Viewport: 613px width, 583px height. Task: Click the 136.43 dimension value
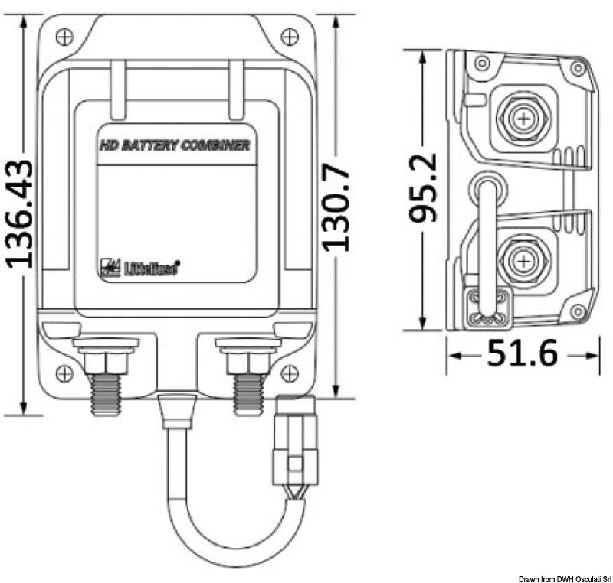[20, 213]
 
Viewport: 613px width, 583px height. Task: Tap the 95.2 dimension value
[422, 187]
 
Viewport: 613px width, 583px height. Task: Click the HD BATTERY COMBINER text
[176, 145]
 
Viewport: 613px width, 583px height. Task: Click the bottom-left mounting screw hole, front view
[65, 373]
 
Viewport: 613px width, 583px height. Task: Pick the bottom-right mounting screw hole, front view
[289, 373]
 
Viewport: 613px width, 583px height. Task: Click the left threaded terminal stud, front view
[105, 390]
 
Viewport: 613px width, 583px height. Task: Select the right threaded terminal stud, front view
[247, 390]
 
